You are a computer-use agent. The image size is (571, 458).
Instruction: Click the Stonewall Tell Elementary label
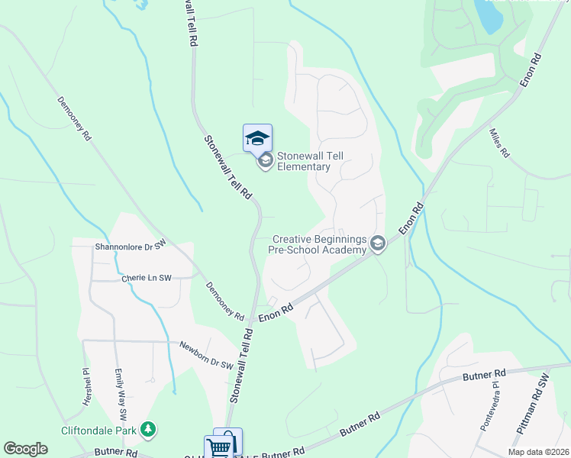310,161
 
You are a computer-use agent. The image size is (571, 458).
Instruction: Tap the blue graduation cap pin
257,137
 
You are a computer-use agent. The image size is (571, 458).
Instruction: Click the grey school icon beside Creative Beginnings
377,244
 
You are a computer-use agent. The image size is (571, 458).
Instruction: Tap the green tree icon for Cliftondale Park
147,431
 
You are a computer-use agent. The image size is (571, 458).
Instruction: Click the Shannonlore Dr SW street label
130,247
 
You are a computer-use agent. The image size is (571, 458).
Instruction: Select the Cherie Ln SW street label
147,279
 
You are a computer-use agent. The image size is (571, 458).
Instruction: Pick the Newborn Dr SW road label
205,356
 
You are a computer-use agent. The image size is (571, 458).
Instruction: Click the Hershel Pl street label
85,387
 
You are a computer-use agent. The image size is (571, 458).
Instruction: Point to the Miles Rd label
498,143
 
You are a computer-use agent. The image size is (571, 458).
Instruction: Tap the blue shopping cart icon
218,447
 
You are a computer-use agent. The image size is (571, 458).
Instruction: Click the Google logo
25,449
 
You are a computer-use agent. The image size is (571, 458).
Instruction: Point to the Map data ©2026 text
537,452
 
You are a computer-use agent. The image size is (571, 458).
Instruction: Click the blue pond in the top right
489,14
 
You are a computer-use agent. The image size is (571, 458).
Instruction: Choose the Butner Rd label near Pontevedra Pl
484,375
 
